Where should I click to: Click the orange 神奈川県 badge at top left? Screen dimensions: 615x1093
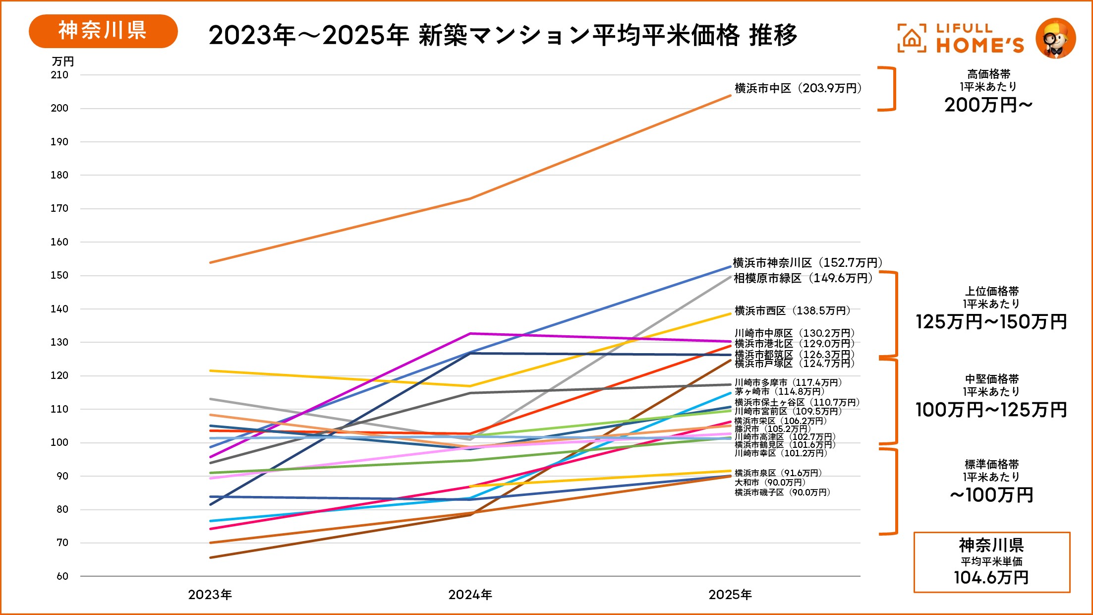tap(103, 31)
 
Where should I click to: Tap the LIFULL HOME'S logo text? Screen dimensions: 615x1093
tap(979, 38)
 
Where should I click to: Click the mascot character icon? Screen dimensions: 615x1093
tap(1055, 38)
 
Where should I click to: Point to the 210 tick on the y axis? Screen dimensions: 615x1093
tap(59, 75)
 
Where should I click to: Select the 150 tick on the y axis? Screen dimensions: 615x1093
tap(59, 275)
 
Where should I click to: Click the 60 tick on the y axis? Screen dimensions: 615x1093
tap(62, 576)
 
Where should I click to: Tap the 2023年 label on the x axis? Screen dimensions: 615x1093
tap(210, 595)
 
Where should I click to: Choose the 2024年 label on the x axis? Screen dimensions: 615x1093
tap(470, 595)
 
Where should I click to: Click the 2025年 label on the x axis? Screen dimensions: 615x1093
tap(730, 595)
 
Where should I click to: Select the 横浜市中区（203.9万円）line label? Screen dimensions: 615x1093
tap(798, 88)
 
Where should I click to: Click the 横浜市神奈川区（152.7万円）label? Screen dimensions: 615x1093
tap(807, 263)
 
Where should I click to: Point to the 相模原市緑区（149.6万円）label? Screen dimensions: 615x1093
tap(803, 278)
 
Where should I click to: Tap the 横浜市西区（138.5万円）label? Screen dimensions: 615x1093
tap(792, 311)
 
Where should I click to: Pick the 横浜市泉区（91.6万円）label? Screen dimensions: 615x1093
tap(778, 473)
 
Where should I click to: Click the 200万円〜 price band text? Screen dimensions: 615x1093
tap(988, 105)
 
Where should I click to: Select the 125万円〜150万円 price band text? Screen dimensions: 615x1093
tap(991, 322)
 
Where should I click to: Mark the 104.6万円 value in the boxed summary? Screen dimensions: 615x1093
tap(991, 577)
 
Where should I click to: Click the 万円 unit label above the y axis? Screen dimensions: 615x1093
tap(63, 61)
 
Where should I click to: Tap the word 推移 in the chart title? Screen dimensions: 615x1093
tap(773, 35)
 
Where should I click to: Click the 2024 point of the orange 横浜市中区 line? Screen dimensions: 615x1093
tap(470, 199)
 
